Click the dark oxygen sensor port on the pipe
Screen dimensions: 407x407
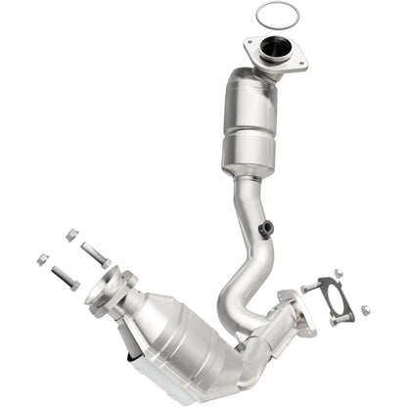click(266, 229)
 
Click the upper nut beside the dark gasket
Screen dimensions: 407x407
click(338, 274)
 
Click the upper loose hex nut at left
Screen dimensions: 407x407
click(71, 235)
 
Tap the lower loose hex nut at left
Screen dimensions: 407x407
click(41, 258)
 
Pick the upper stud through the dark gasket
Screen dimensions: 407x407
click(311, 287)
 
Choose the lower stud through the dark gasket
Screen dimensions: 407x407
click(339, 319)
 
